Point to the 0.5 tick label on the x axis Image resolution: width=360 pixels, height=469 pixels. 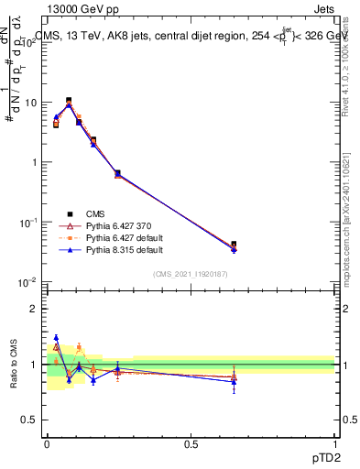click(190, 442)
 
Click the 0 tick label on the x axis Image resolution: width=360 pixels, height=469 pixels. click(47, 442)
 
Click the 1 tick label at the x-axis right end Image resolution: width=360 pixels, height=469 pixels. click(334, 442)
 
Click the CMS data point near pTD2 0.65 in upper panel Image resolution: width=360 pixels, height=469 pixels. click(234, 245)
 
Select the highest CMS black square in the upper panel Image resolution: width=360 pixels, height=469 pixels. click(69, 101)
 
